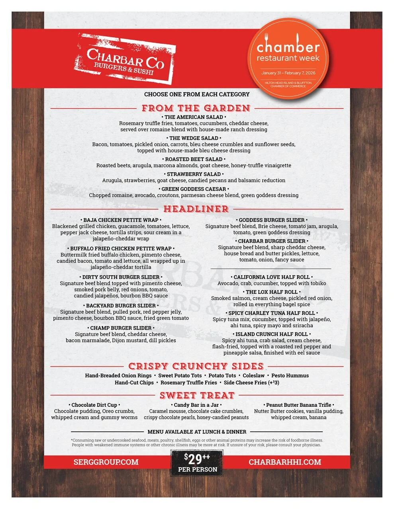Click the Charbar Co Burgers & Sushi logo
tap(125, 59)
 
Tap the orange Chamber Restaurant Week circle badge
tap(288, 58)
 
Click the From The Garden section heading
tap(196, 108)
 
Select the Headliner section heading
tap(196, 209)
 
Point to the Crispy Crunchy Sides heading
tap(196, 366)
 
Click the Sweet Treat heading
tap(197, 395)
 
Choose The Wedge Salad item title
tap(194, 138)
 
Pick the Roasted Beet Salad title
tap(194, 159)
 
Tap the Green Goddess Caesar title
tap(194, 189)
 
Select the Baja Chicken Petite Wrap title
tap(121, 220)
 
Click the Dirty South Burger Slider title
tap(121, 277)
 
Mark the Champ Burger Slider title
tap(121, 328)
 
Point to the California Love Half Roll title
tap(272, 277)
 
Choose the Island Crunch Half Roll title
tap(272, 334)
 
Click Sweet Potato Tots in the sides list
tap(180, 375)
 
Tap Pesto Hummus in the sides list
tap(290, 375)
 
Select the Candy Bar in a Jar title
tap(196, 405)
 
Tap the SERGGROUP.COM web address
tap(106, 462)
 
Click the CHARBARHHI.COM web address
tap(285, 462)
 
